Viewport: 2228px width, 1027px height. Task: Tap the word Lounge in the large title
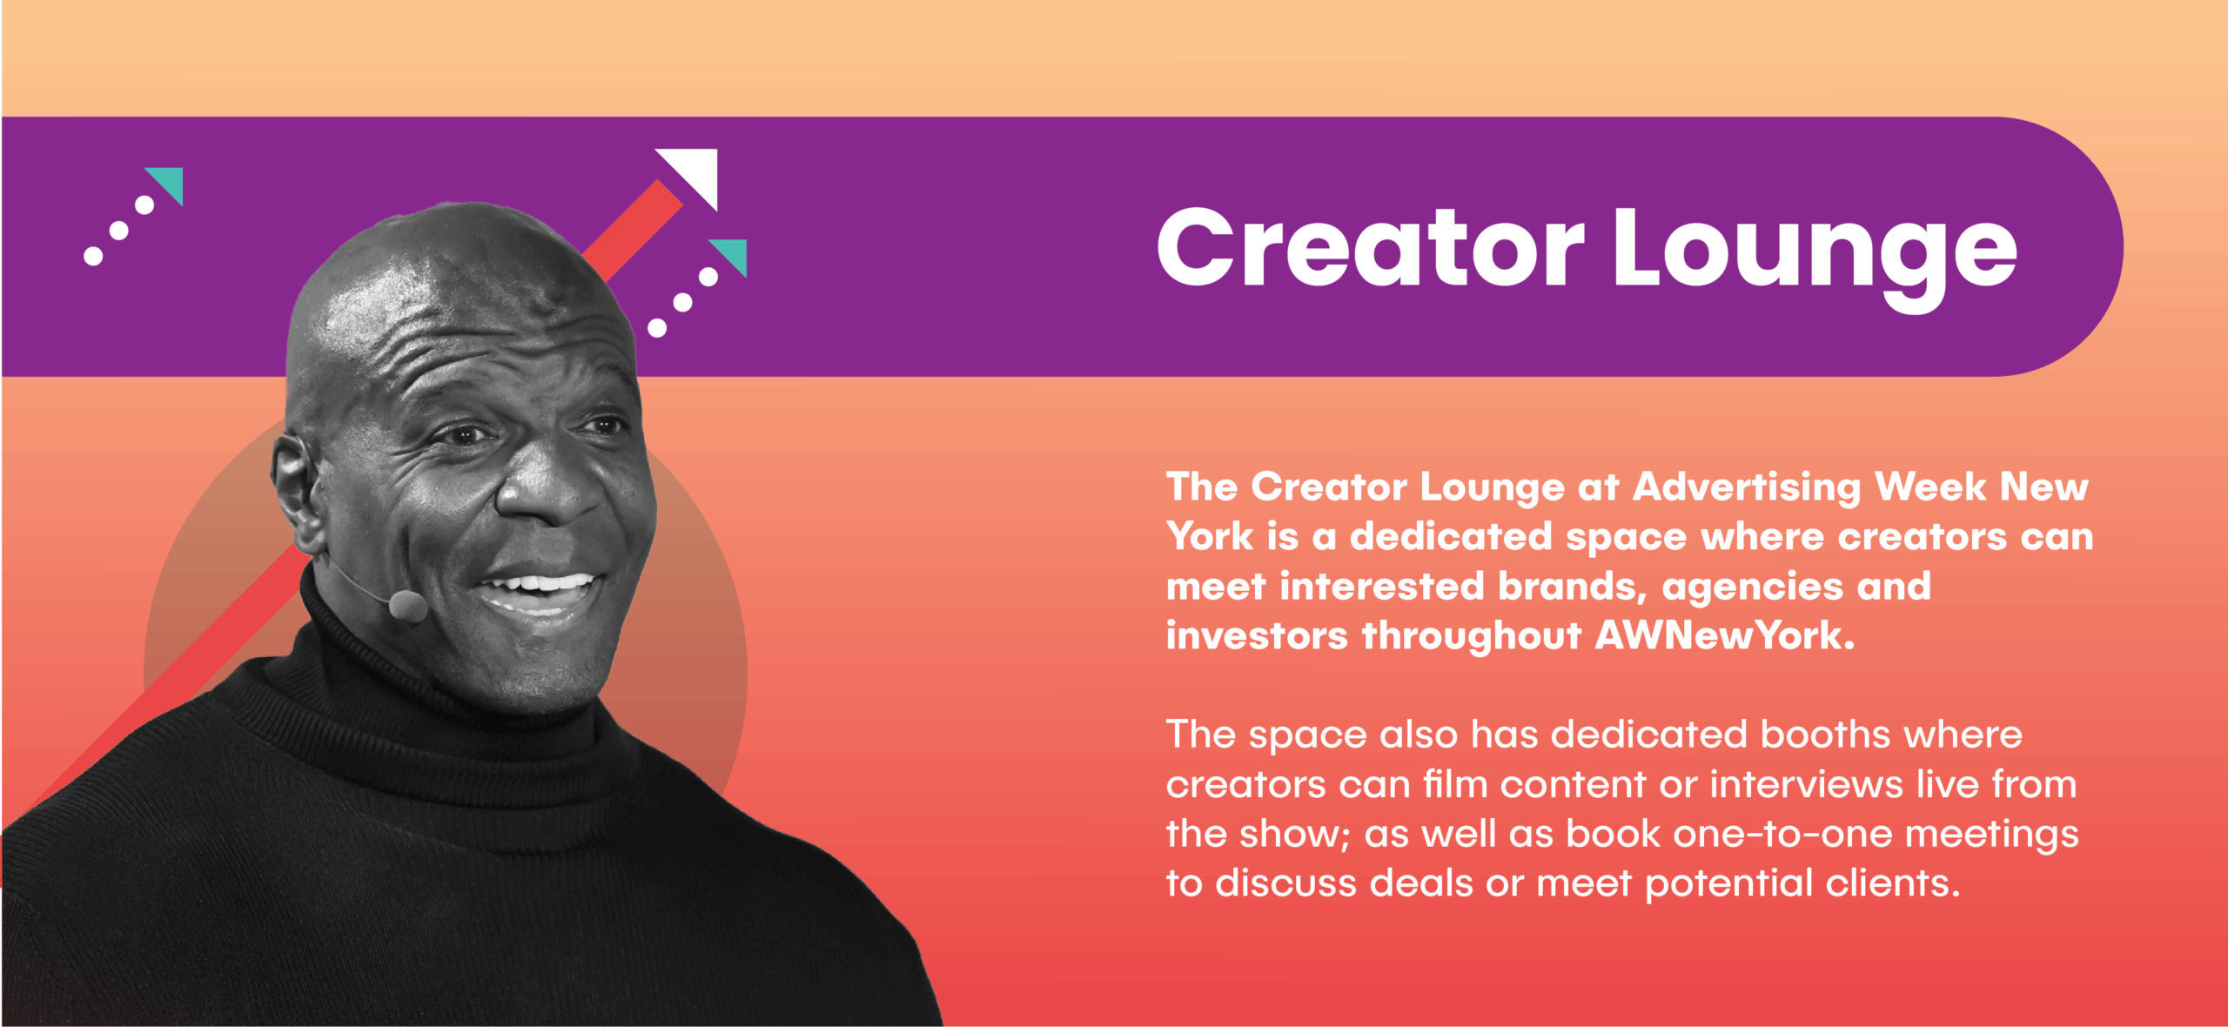tap(1815, 257)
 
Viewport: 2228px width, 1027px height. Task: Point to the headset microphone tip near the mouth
tap(407, 606)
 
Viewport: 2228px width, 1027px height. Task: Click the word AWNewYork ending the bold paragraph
tap(1725, 635)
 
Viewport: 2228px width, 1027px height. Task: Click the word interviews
tap(1807, 784)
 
